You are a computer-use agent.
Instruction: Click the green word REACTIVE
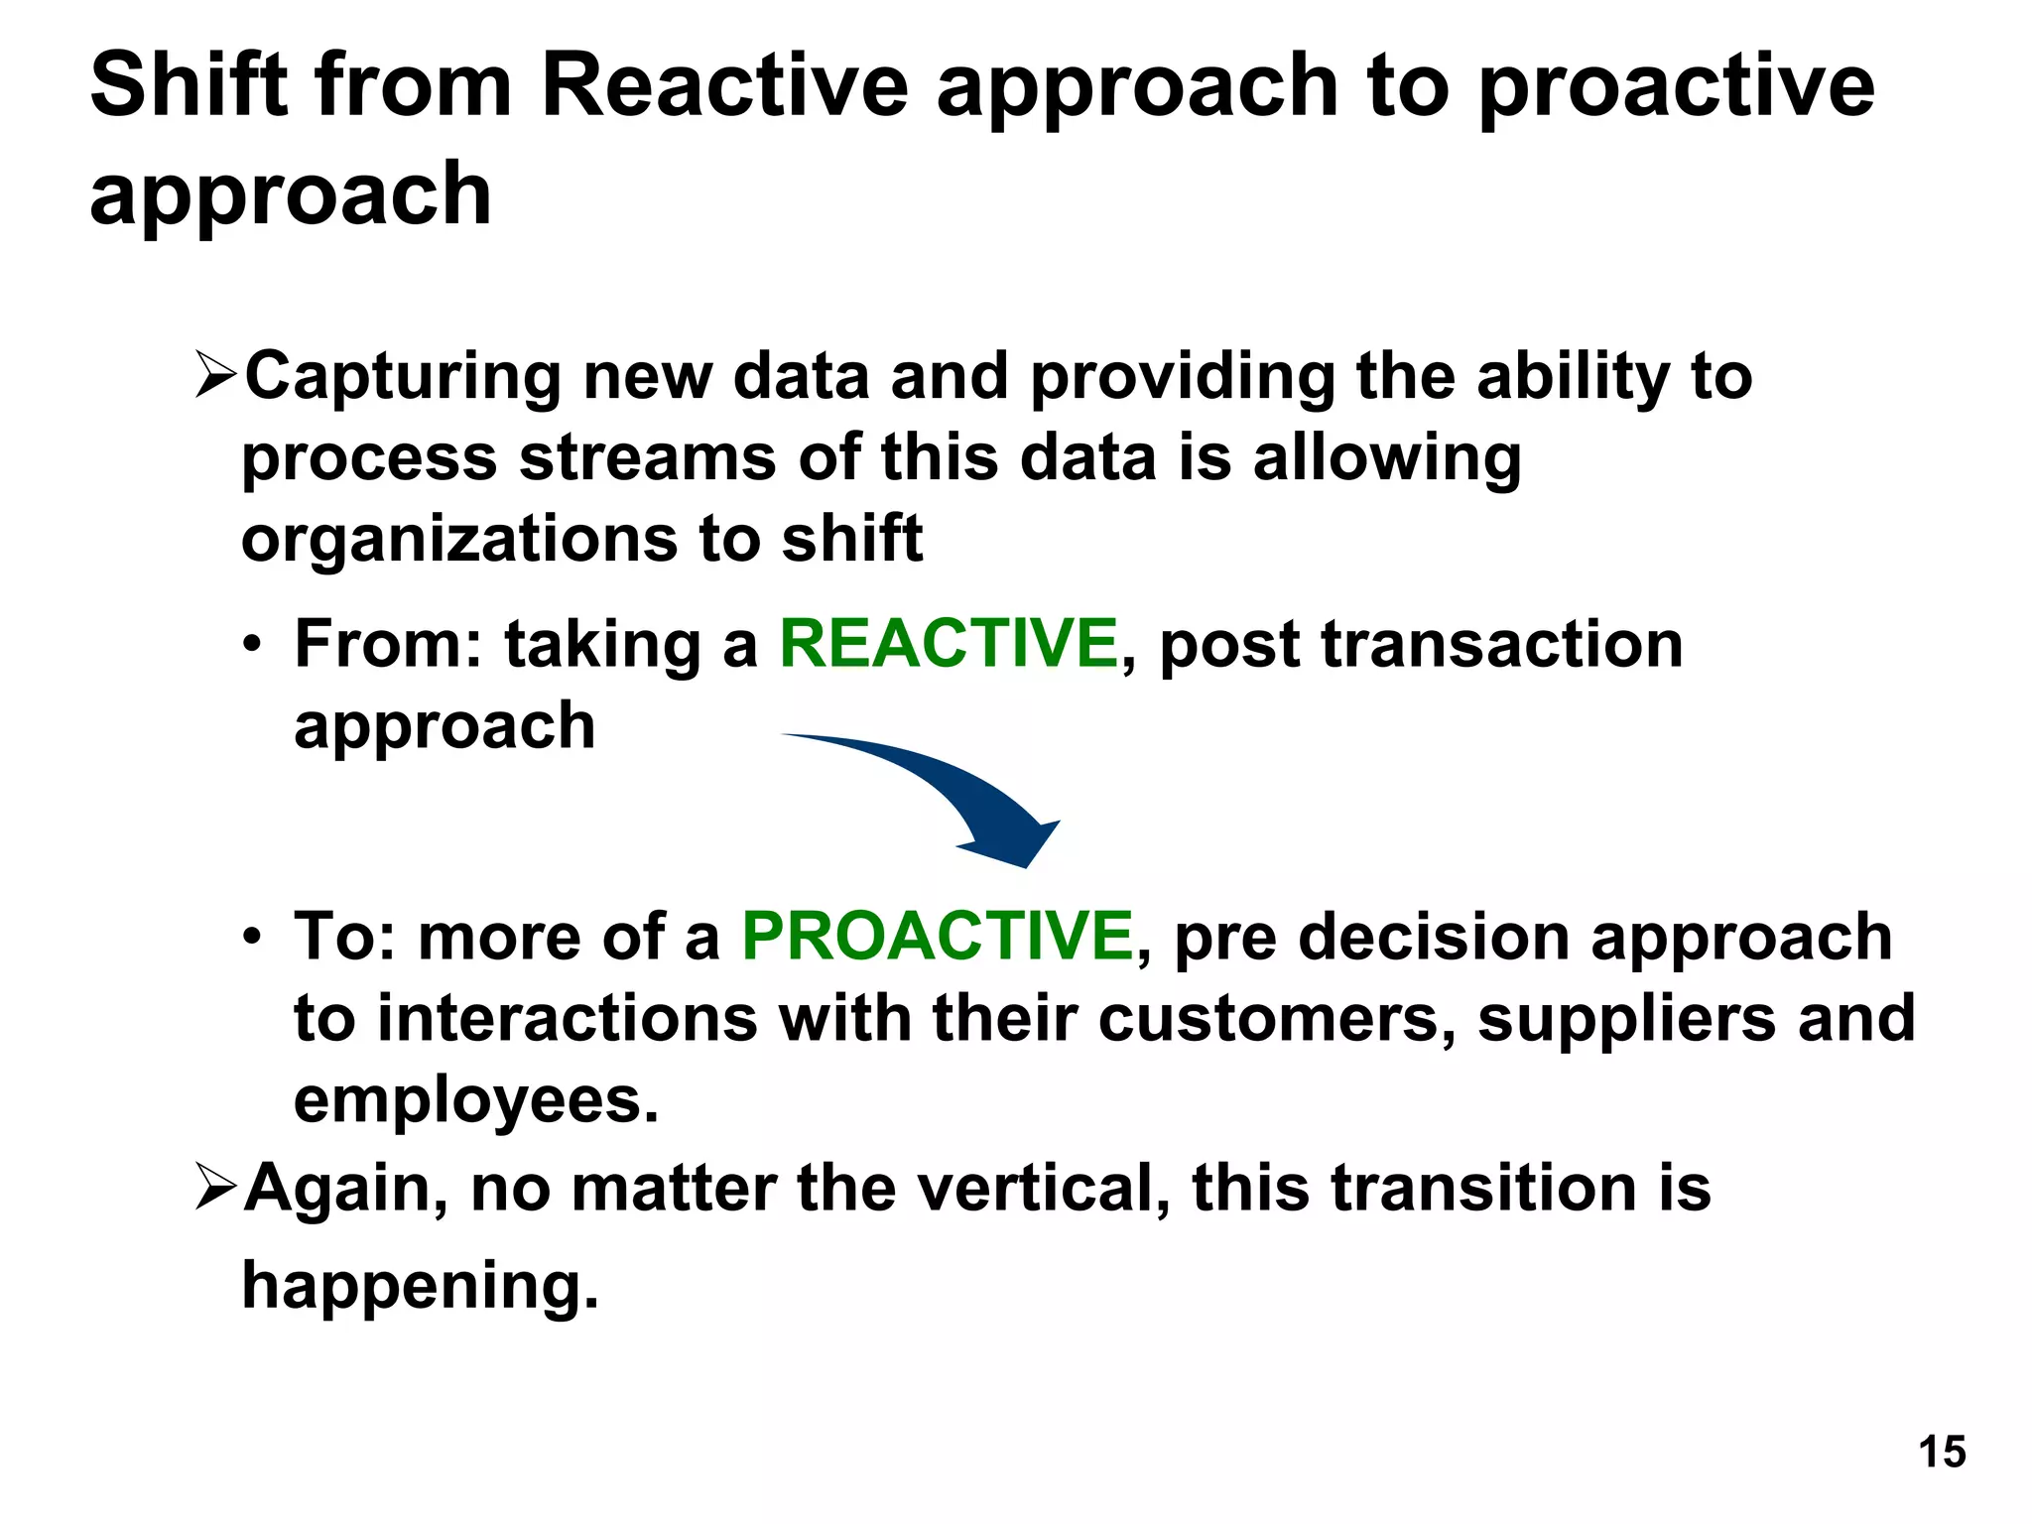(949, 644)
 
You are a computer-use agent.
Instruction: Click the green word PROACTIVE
(938, 937)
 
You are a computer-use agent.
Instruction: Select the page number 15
(1942, 1453)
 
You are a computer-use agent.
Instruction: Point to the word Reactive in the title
(723, 86)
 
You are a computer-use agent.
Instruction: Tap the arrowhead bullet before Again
(215, 1187)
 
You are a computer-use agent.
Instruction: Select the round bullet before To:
(253, 938)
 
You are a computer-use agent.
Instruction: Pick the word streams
(647, 459)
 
